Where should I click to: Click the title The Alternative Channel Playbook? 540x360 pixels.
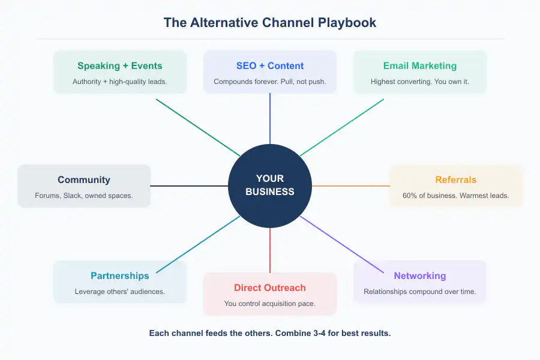[x=270, y=23]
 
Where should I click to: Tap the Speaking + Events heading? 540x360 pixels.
[x=120, y=66]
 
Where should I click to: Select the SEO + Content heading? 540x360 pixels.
[x=270, y=66]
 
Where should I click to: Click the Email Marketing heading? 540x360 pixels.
[x=420, y=66]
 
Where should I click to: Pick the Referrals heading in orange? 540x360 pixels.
[x=456, y=180]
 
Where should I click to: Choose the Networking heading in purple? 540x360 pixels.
[x=420, y=276]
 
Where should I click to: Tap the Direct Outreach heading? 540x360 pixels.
[x=270, y=288]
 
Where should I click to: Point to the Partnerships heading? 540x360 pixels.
[x=120, y=276]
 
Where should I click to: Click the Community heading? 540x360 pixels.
[x=84, y=180]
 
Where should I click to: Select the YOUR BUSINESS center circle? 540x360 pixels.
[x=270, y=185]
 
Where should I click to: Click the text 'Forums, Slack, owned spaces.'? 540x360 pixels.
[x=84, y=196]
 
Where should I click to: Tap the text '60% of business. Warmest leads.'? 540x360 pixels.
[x=456, y=196]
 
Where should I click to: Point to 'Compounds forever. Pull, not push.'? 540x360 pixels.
[x=270, y=82]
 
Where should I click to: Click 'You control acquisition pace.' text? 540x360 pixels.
[x=270, y=304]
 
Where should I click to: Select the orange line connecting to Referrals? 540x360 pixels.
[x=351, y=186]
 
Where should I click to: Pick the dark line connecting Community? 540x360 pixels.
[x=189, y=186]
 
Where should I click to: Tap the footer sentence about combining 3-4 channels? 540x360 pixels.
[x=270, y=333]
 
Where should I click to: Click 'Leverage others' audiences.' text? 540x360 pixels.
[x=120, y=292]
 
